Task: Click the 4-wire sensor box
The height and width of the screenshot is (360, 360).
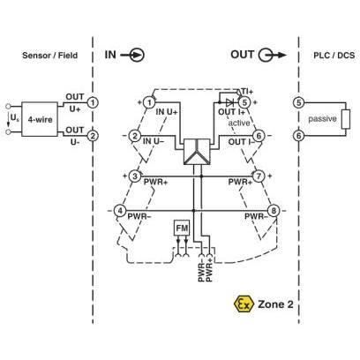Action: point(40,119)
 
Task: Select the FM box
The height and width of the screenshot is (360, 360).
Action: point(182,228)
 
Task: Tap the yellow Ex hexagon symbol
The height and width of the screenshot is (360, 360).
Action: point(244,304)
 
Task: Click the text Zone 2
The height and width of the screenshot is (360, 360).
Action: point(275,304)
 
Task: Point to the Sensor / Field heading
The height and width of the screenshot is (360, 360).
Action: point(50,56)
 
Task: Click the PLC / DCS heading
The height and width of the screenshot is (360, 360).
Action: point(334,56)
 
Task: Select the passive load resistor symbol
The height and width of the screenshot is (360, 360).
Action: point(346,119)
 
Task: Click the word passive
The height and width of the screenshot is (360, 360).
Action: point(322,119)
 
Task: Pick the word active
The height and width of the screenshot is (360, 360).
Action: point(239,123)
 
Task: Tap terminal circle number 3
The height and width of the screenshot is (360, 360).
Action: point(135,176)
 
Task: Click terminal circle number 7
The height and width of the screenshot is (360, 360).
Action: point(259,176)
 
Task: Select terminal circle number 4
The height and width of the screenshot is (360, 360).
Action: point(120,211)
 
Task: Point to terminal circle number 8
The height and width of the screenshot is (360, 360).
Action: point(274,211)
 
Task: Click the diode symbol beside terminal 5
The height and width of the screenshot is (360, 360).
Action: point(229,102)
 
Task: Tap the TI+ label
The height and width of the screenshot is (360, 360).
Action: point(247,91)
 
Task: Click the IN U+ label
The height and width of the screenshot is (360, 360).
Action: point(167,112)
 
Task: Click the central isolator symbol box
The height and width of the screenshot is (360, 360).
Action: point(197,152)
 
